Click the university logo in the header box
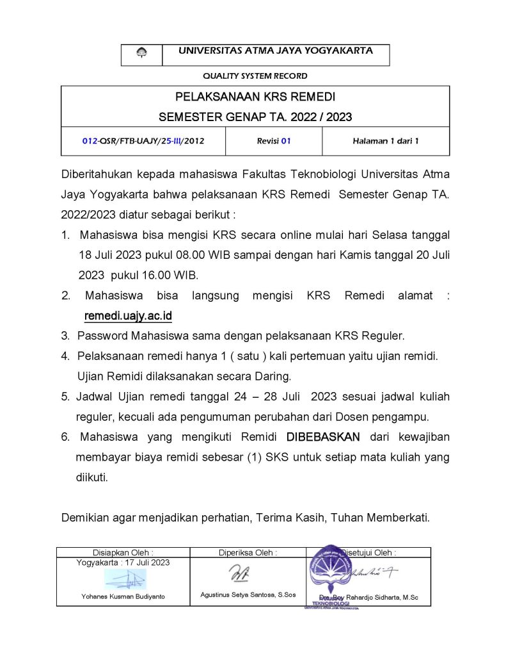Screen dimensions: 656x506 pyautogui.click(x=141, y=54)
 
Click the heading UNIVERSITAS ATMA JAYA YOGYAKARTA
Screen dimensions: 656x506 pyautogui.click(x=276, y=51)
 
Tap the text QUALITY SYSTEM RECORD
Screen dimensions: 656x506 pyautogui.click(x=255, y=76)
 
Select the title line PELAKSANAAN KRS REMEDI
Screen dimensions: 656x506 pyautogui.click(x=255, y=97)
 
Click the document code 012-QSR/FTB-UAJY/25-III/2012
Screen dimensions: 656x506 pyautogui.click(x=143, y=141)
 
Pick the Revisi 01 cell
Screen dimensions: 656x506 pyautogui.click(x=273, y=141)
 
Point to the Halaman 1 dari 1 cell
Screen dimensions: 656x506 pyautogui.click(x=385, y=141)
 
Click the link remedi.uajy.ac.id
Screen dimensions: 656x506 pyautogui.click(x=128, y=316)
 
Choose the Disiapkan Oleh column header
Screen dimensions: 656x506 pyautogui.click(x=123, y=552)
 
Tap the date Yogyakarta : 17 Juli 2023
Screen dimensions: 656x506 pyautogui.click(x=123, y=562)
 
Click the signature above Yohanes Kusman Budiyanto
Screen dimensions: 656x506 pyautogui.click(x=125, y=578)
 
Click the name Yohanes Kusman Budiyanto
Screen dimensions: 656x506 pyautogui.click(x=123, y=596)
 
